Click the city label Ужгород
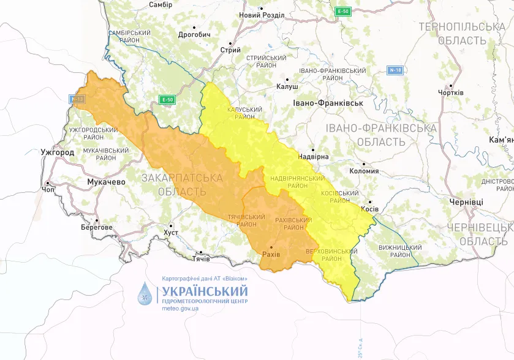point(58,152)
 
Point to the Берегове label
point(97,227)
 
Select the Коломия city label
point(364,171)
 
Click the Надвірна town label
point(313,157)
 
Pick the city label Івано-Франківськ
point(328,103)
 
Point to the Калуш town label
point(287,87)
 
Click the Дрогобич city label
point(194,35)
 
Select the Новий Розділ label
point(262,15)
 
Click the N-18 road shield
point(395,70)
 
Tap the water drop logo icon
point(146,294)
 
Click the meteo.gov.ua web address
point(180,309)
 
